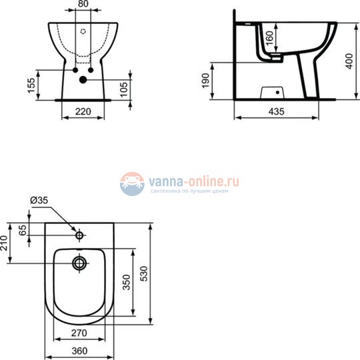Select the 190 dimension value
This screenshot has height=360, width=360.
207,81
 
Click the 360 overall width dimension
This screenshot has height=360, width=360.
81,350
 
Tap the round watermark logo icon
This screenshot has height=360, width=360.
133,183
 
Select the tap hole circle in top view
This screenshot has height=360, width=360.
80,235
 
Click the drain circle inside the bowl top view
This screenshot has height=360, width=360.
81,263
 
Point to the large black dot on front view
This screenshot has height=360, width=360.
83,80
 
